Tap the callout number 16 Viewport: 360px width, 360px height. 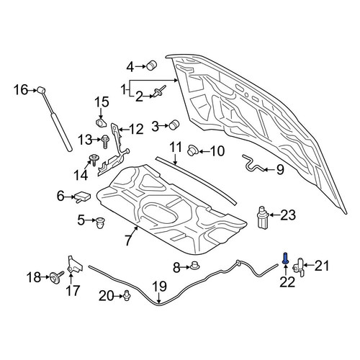pyautogui.click(x=21, y=90)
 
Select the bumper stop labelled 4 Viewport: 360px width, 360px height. pyautogui.click(x=151, y=65)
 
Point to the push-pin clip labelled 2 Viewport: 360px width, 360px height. pyautogui.click(x=159, y=91)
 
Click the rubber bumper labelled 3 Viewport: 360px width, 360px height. pyautogui.click(x=174, y=124)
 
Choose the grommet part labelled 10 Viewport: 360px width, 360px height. pyautogui.click(x=192, y=150)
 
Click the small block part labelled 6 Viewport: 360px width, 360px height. pyautogui.click(x=83, y=197)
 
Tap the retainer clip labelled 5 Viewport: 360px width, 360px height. pyautogui.click(x=99, y=223)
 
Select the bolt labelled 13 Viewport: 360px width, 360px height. pyautogui.click(x=105, y=141)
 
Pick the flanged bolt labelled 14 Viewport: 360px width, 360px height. pyautogui.click(x=94, y=159)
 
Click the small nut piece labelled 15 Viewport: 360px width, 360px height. pyautogui.click(x=101, y=122)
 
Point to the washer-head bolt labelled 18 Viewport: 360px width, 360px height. pyautogui.click(x=56, y=277)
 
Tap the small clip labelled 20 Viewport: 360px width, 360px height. pyautogui.click(x=127, y=295)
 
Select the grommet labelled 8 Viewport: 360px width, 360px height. pyautogui.click(x=195, y=266)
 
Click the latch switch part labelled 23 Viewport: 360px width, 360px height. pyautogui.click(x=263, y=217)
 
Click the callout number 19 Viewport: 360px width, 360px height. pyautogui.click(x=160, y=286)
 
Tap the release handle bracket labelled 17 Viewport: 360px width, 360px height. pyautogui.click(x=74, y=265)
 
